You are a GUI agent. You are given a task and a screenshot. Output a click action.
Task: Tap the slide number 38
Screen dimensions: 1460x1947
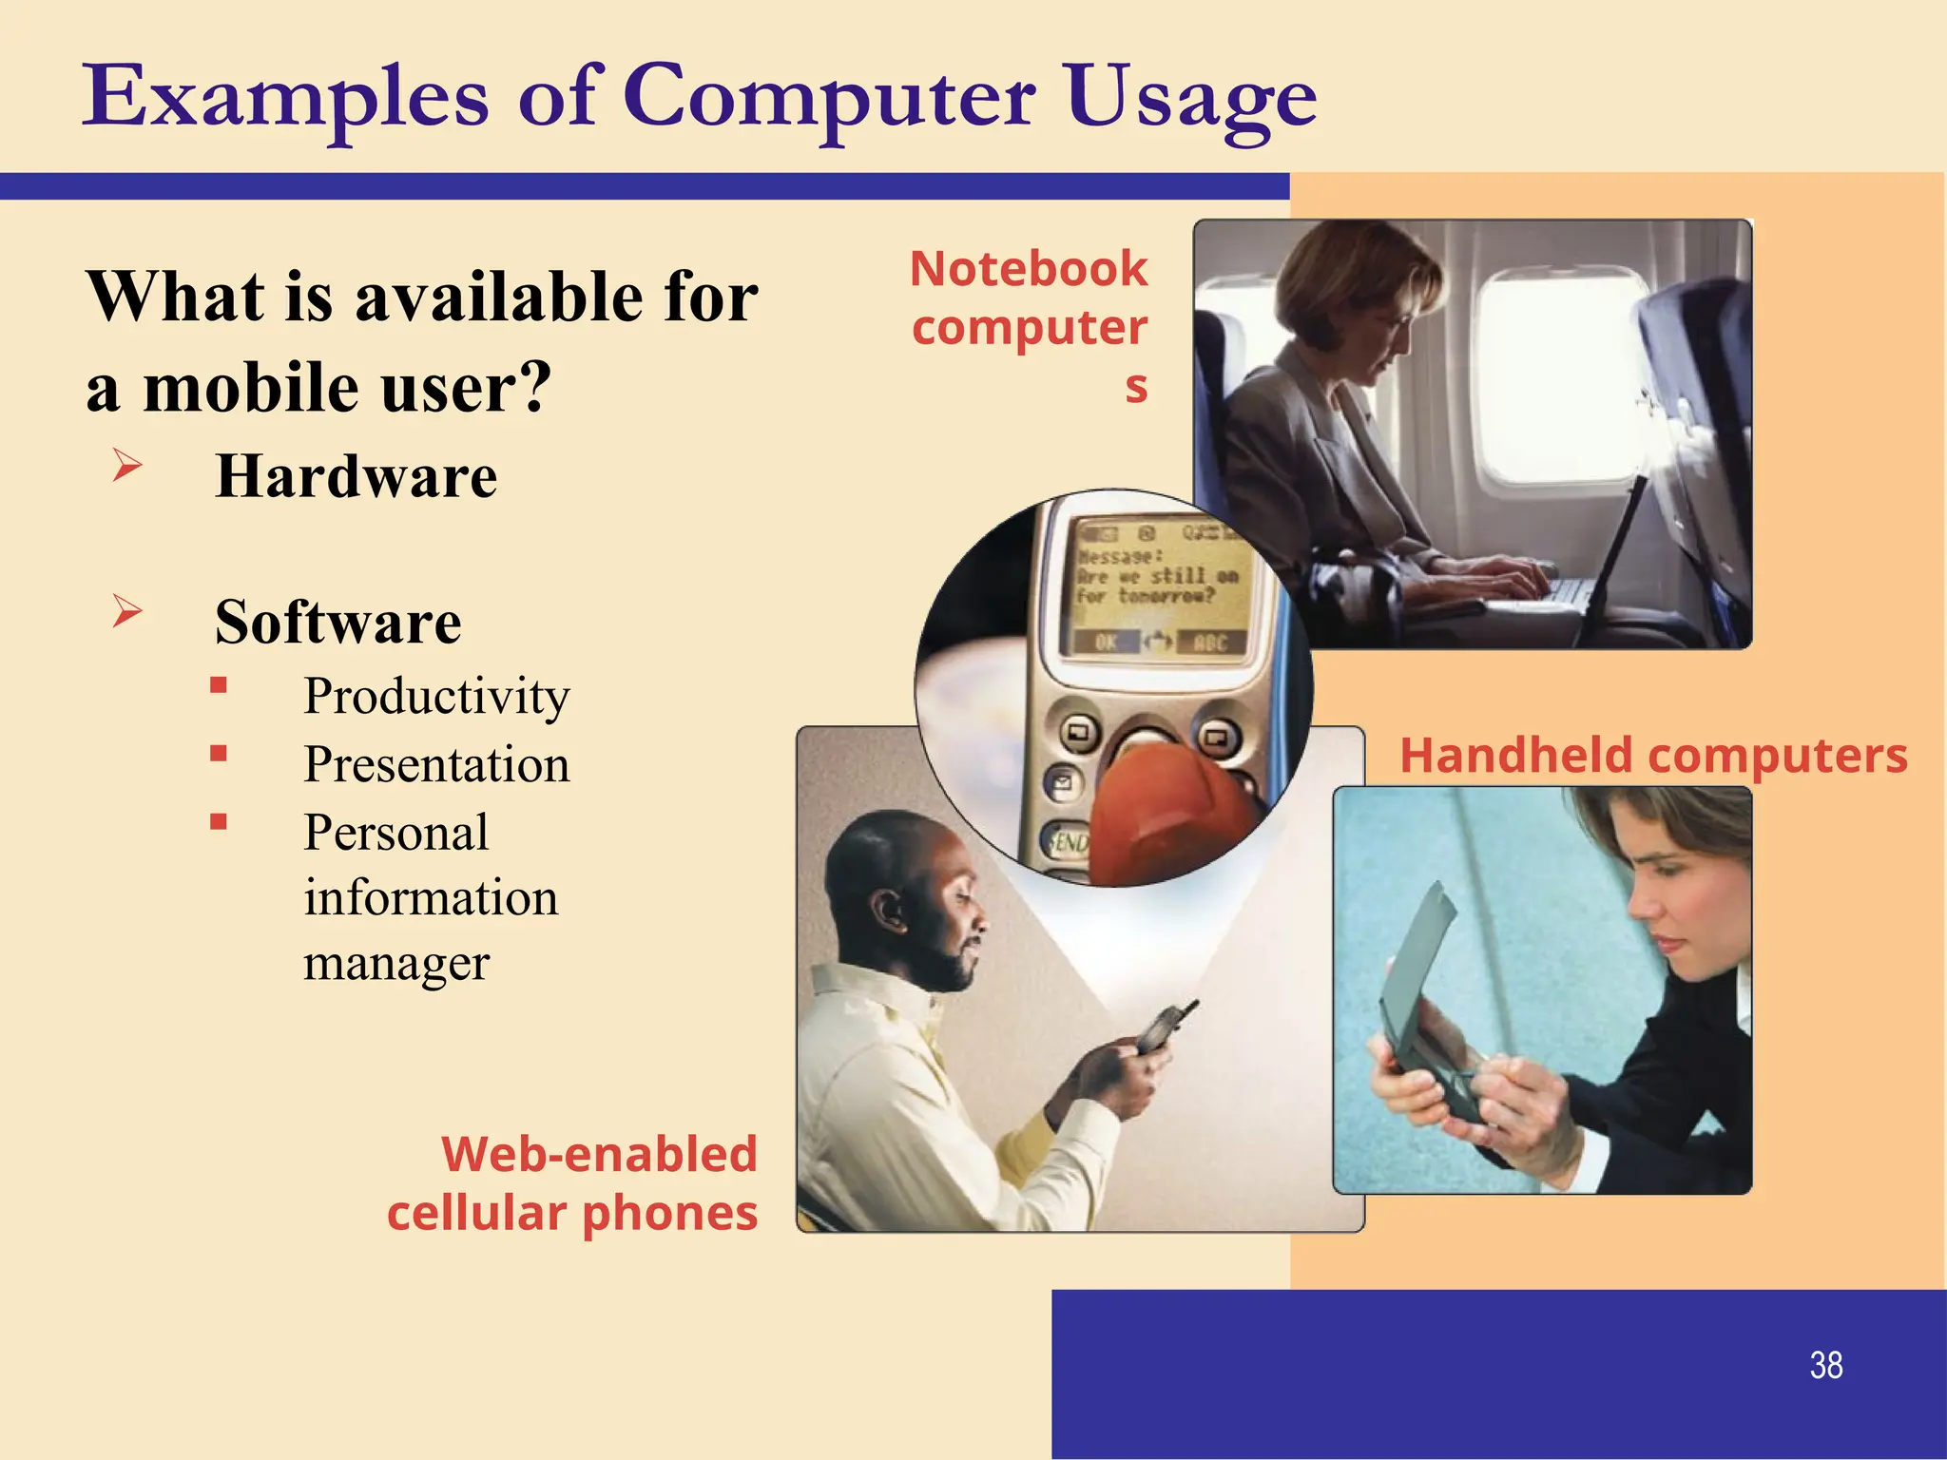1825,1365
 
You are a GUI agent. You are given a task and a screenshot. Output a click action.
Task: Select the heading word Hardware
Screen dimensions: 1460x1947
356,475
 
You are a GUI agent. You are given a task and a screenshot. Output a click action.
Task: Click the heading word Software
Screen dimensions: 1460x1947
337,622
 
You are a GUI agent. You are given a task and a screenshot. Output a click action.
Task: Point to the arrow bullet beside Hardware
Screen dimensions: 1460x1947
127,465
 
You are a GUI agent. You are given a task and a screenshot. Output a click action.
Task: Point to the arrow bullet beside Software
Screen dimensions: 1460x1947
127,610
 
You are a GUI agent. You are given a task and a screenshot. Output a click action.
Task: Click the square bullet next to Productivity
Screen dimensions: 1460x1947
219,685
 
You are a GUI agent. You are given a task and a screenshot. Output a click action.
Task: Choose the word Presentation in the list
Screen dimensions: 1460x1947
436,763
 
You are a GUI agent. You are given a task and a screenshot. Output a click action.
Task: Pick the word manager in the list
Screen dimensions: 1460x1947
396,963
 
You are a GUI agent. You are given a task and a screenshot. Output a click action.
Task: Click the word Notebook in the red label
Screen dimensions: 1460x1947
1029,268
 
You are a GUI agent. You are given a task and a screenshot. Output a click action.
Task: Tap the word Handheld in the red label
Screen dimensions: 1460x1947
1515,756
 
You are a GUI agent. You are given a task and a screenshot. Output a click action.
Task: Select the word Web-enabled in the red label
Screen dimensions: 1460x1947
599,1154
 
